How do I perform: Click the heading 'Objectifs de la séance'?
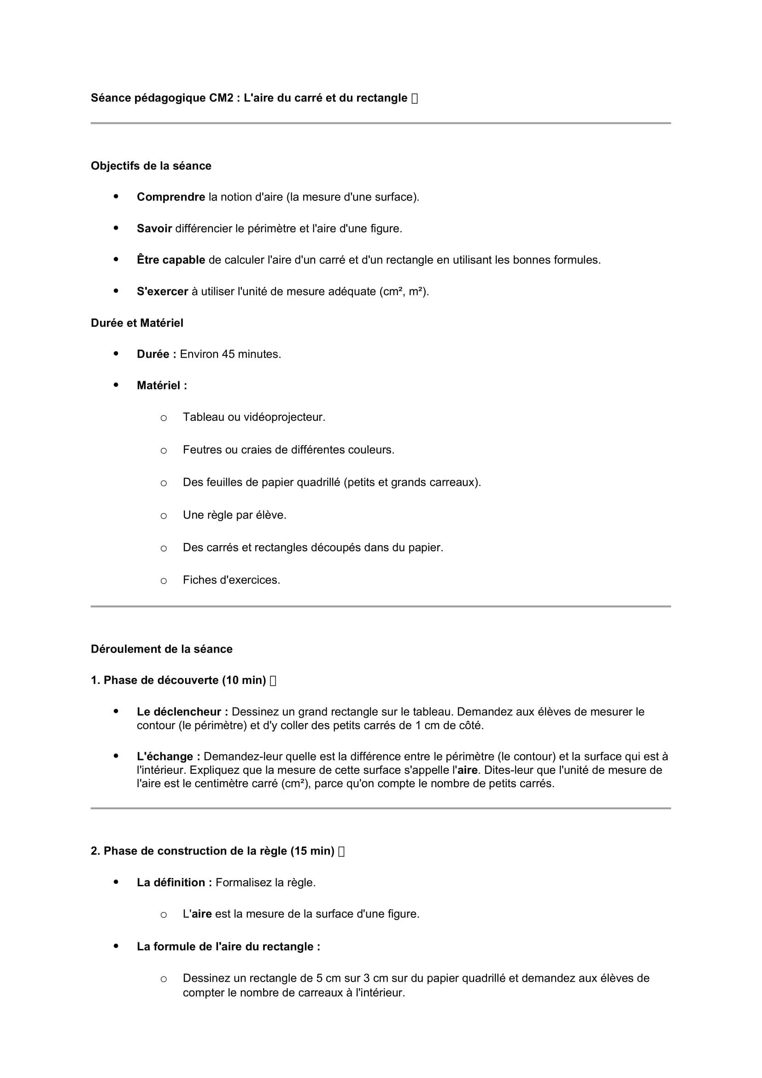click(x=151, y=166)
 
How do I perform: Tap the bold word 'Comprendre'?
click(x=171, y=197)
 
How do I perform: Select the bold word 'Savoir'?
click(x=154, y=229)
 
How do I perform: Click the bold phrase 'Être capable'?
click(x=171, y=260)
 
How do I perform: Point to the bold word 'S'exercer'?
click(x=162, y=292)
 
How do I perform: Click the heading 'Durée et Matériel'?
click(x=137, y=323)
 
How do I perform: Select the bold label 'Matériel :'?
click(x=162, y=385)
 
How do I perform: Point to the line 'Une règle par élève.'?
click(x=234, y=515)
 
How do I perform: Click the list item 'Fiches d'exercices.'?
click(x=231, y=580)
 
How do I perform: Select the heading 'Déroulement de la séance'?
click(x=161, y=649)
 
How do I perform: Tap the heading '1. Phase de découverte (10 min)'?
click(x=178, y=680)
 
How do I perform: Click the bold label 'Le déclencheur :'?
click(x=182, y=712)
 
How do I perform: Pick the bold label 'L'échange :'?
click(x=169, y=756)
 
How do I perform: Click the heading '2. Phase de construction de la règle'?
click(x=212, y=851)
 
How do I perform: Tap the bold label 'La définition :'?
click(x=174, y=882)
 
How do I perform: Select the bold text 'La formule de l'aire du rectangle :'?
click(x=229, y=947)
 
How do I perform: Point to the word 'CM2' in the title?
click(x=221, y=98)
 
